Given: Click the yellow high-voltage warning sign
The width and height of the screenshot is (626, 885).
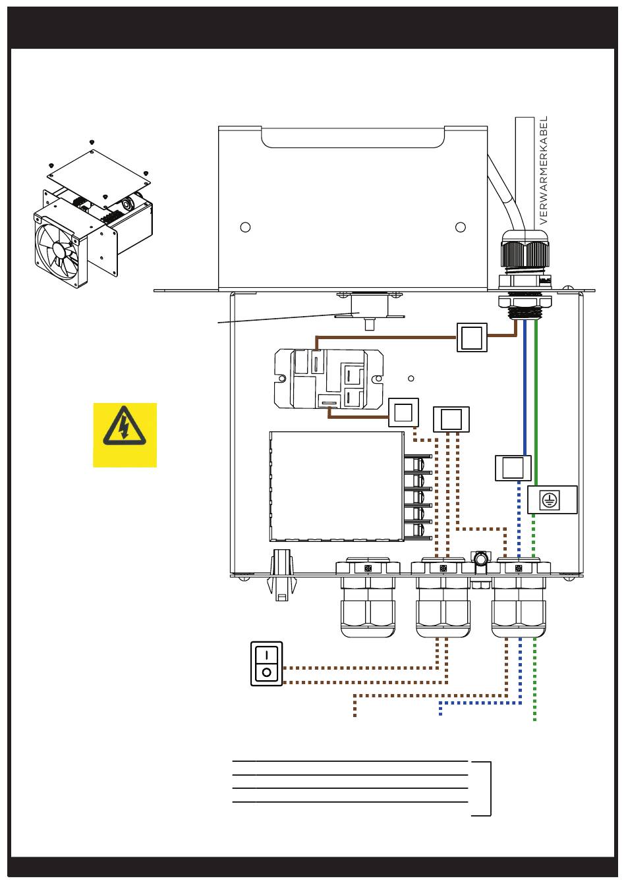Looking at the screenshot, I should (x=125, y=435).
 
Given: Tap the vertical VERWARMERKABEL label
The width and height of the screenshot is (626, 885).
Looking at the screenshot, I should (x=544, y=171).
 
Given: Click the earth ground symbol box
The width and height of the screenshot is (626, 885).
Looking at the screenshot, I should (x=552, y=500).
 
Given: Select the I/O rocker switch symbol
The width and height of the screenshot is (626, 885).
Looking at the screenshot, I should (x=266, y=664).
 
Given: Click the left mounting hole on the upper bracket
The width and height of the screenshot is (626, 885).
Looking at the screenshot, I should (x=245, y=227).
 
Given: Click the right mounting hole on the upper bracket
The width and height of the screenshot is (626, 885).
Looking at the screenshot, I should (x=461, y=227).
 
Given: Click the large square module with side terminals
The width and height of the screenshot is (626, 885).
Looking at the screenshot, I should (x=337, y=486).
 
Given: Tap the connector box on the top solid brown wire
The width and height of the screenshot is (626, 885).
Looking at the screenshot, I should (x=472, y=337).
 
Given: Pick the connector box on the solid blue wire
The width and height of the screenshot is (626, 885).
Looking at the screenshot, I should (x=513, y=468).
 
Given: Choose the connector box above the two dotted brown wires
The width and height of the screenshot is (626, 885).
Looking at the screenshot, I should (x=451, y=419).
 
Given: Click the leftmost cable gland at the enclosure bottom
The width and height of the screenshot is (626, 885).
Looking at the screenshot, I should (x=368, y=599).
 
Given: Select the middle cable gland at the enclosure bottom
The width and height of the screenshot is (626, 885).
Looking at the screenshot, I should (x=443, y=599).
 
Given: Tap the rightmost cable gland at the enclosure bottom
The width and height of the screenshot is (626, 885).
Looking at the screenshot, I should (x=519, y=599).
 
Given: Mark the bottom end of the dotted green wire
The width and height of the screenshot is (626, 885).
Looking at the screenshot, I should (x=534, y=719).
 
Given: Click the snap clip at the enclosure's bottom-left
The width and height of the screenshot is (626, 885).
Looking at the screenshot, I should (x=281, y=576).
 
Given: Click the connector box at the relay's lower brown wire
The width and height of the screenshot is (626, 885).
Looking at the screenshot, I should (x=403, y=413).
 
